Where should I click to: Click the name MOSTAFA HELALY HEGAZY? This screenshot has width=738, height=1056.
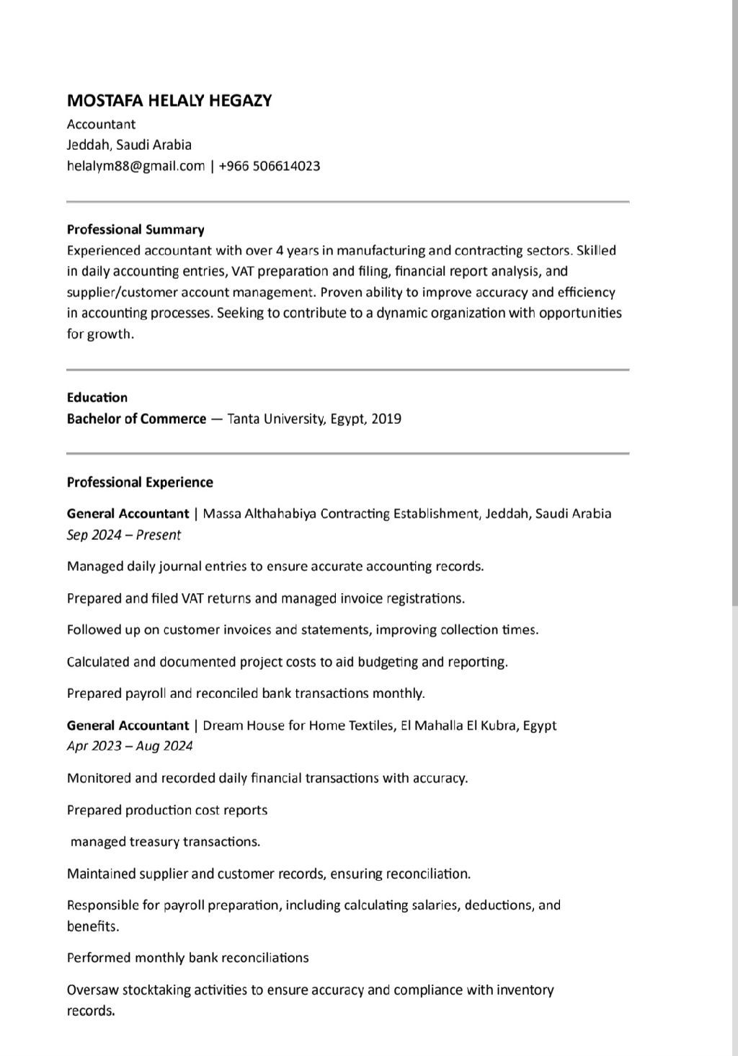[x=169, y=101]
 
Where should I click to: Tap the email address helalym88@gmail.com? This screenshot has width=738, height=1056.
[x=135, y=166]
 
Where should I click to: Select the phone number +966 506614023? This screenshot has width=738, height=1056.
[x=270, y=166]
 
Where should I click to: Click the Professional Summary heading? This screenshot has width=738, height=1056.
[x=135, y=230]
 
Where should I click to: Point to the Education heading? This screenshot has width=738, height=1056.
[x=97, y=398]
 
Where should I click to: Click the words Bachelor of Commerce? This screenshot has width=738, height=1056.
[x=136, y=419]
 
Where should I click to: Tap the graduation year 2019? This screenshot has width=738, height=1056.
[x=386, y=419]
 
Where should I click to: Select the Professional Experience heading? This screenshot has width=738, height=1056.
[x=140, y=482]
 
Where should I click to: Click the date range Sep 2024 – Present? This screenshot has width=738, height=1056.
[x=123, y=535]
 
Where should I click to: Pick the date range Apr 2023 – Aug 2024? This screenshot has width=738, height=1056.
[x=130, y=746]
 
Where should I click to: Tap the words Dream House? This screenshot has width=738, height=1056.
[x=244, y=725]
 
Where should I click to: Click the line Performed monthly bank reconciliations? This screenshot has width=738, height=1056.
[x=187, y=958]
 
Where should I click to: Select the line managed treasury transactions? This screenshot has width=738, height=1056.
[x=165, y=842]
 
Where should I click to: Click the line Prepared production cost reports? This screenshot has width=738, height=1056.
[x=167, y=810]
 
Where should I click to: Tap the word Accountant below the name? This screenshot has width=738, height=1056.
[x=101, y=124]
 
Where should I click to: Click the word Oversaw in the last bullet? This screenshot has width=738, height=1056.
[x=92, y=990]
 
